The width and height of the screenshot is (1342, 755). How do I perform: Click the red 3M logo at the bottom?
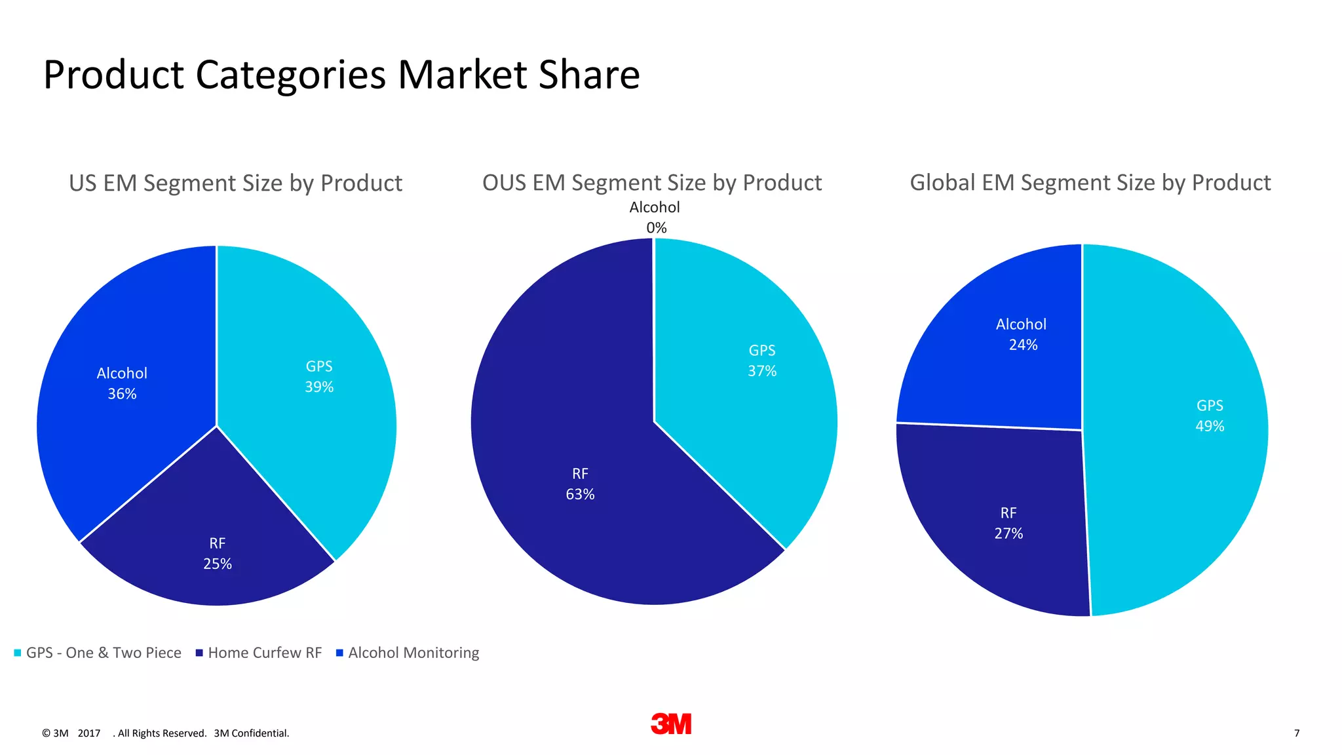[x=671, y=724]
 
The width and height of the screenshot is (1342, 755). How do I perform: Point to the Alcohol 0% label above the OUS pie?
[x=655, y=217]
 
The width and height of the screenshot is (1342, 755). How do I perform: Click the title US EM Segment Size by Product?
[x=235, y=183]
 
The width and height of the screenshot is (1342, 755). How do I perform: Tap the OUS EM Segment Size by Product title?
[x=652, y=182]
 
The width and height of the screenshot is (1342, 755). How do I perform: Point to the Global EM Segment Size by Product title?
[x=1090, y=182]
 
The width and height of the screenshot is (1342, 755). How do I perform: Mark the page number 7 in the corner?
[x=1297, y=733]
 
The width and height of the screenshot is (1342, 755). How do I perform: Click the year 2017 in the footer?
[x=89, y=733]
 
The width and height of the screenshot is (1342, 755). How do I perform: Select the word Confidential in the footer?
[x=259, y=733]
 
